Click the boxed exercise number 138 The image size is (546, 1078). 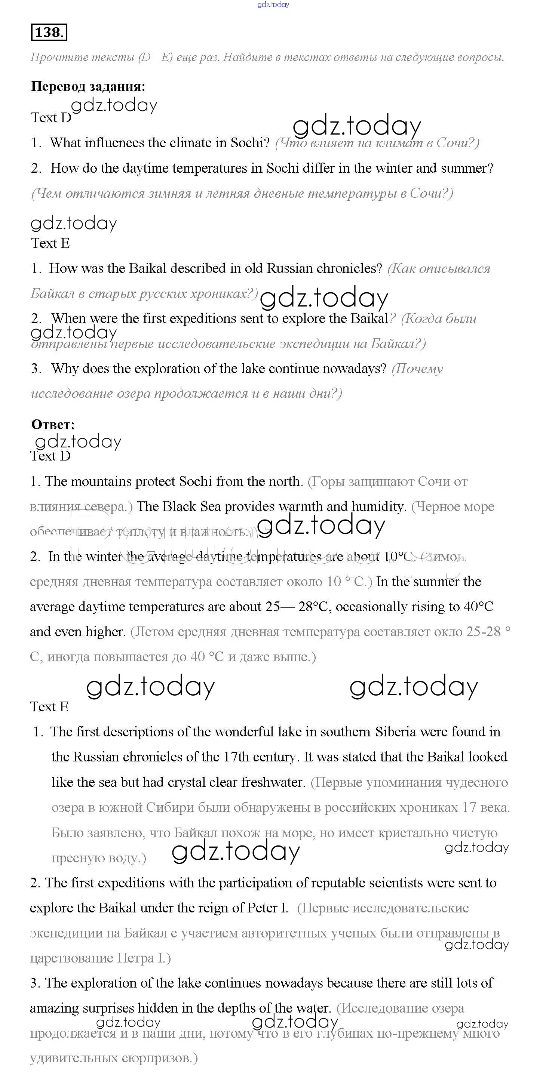tap(49, 33)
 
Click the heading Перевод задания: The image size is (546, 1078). tap(88, 86)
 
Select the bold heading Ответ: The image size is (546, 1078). tap(53, 424)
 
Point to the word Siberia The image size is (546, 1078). tap(395, 732)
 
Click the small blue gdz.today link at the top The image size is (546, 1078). tap(273, 4)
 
